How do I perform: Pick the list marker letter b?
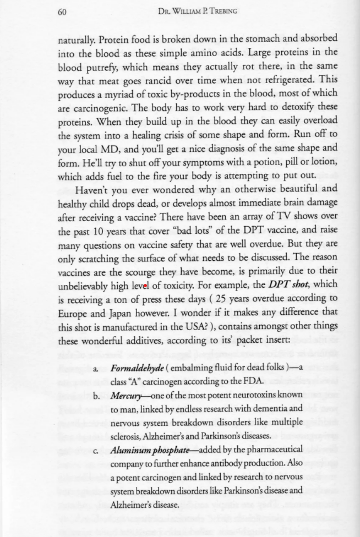click(x=97, y=396)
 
